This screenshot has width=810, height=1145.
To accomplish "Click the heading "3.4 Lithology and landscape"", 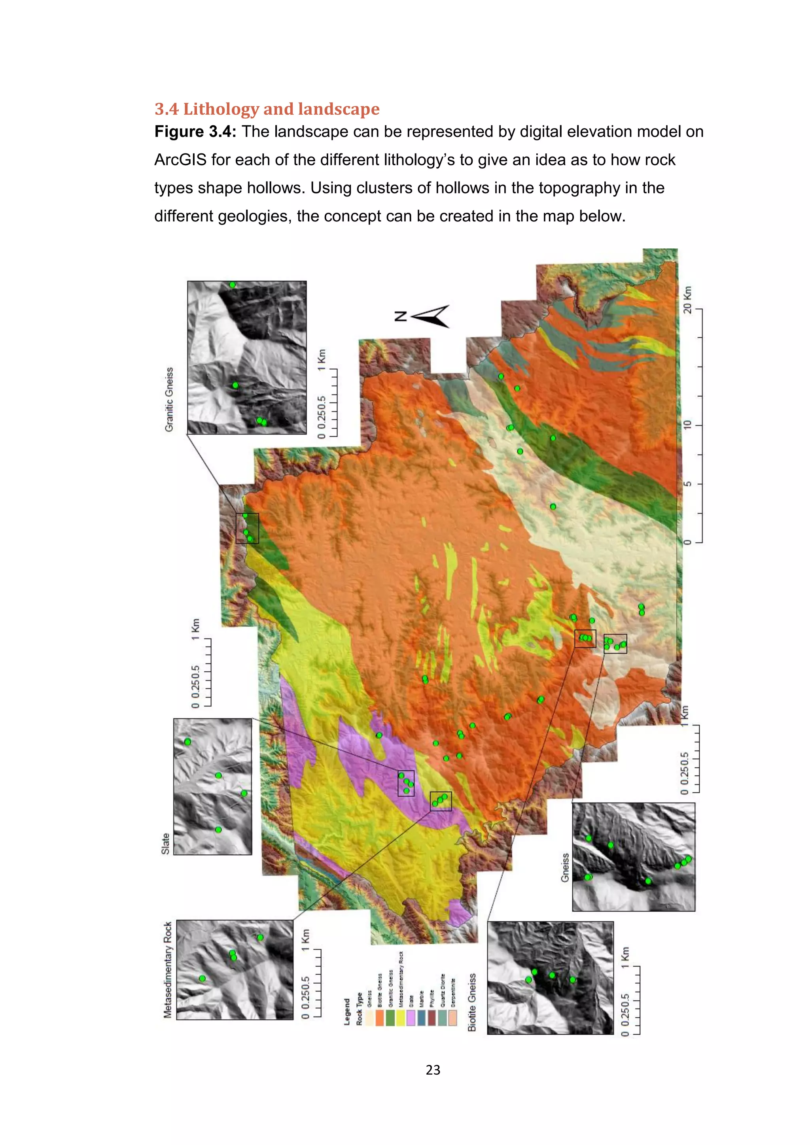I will [267, 109].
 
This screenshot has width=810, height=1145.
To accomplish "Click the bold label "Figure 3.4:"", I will [195, 132].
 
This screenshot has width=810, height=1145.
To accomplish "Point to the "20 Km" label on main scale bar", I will [688, 300].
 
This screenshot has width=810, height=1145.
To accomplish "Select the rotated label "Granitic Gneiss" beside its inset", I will [170, 399].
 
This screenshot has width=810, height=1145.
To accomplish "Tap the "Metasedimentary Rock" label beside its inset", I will [168, 969].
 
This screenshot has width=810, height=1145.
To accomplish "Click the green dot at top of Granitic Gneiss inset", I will [233, 285].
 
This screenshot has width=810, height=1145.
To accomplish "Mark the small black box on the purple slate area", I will [405, 784].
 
